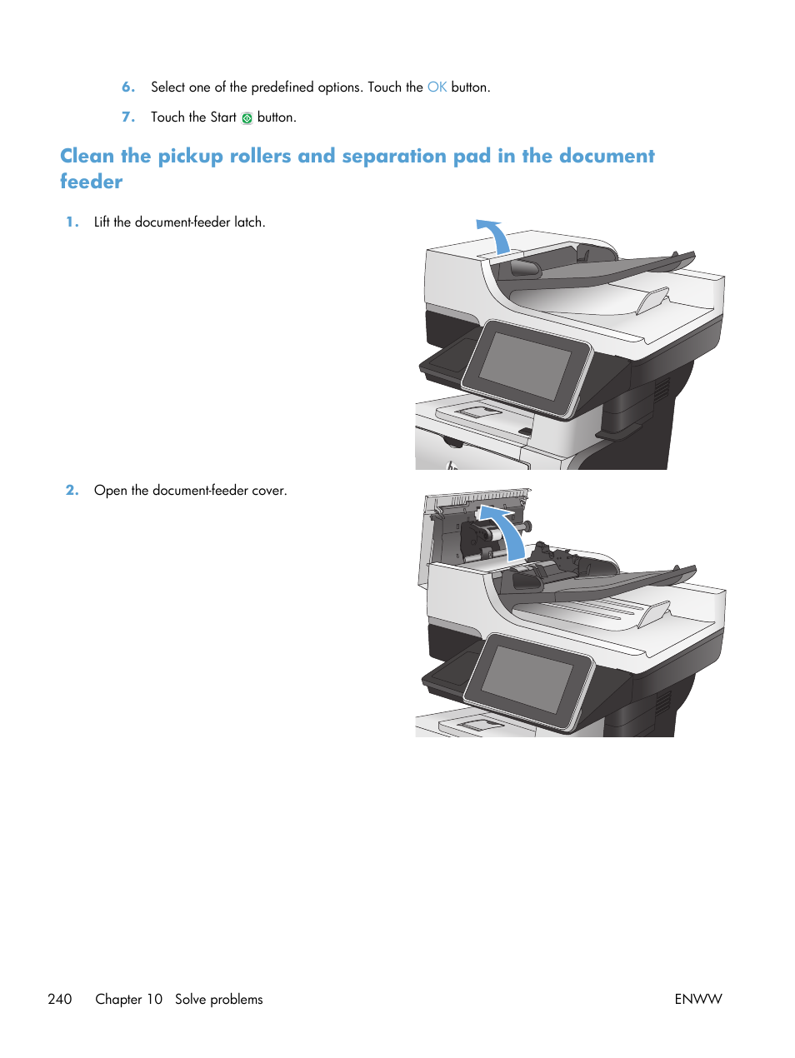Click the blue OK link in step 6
[437, 87]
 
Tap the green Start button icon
[247, 118]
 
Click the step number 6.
[128, 87]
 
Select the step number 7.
[128, 117]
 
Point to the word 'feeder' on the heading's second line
[91, 182]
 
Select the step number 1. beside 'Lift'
[72, 222]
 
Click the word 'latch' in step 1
[247, 222]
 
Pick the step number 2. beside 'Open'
[72, 491]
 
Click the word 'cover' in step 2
[267, 491]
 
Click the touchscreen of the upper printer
[525, 367]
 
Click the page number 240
[60, 999]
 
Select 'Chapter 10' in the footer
[129, 999]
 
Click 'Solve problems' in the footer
[218, 999]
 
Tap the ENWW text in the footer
[697, 999]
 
